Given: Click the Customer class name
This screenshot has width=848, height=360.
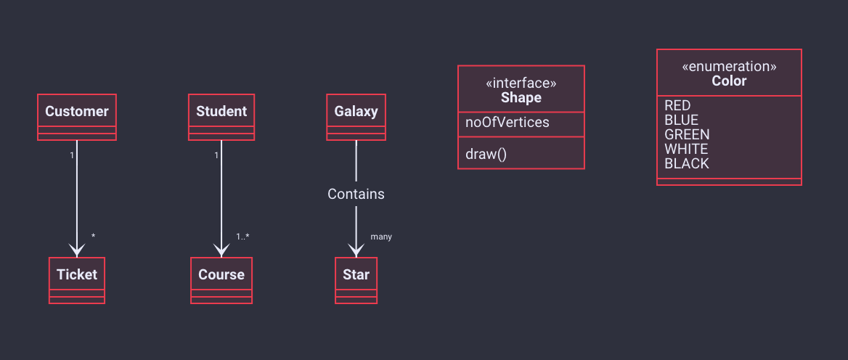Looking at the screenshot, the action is pyautogui.click(x=77, y=111).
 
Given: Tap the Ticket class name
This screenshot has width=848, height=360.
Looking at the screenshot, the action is pyautogui.click(x=77, y=274).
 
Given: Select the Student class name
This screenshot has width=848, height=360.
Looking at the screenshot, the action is pyautogui.click(x=221, y=111).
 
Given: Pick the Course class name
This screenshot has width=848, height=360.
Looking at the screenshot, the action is pyautogui.click(x=221, y=274).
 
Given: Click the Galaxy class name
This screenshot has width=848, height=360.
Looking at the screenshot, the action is pyautogui.click(x=356, y=111).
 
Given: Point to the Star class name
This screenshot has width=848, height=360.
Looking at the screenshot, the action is pyautogui.click(x=356, y=274).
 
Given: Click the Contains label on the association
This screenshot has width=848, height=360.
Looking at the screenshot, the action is pyautogui.click(x=356, y=194).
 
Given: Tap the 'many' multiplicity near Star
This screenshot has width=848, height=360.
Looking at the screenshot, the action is pyautogui.click(x=381, y=237).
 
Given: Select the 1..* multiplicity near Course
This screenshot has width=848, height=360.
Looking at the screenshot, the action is pyautogui.click(x=242, y=237).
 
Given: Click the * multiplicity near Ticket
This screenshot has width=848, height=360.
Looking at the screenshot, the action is pyautogui.click(x=93, y=236).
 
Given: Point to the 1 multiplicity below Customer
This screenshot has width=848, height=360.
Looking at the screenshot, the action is pyautogui.click(x=71, y=155).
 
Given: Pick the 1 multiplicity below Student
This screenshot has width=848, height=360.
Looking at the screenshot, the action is pyautogui.click(x=216, y=155).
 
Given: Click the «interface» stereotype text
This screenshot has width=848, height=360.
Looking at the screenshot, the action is pyautogui.click(x=521, y=83).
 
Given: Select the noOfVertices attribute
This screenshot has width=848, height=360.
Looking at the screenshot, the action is pyautogui.click(x=507, y=123).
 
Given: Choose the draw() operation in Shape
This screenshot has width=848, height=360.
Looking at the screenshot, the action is pyautogui.click(x=486, y=155).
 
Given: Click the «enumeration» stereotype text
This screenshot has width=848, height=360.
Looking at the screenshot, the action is pyautogui.click(x=729, y=67).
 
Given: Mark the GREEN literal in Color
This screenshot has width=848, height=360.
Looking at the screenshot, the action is pyautogui.click(x=687, y=134).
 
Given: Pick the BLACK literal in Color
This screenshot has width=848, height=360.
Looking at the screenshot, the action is pyautogui.click(x=686, y=164).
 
